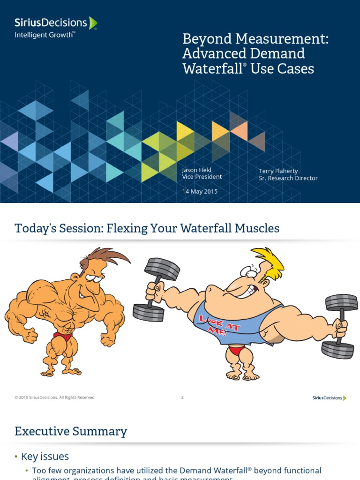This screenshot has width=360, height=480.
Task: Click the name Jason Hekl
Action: tap(197, 170)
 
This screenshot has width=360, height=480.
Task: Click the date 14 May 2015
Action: tap(200, 191)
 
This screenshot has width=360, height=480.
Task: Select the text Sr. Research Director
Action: tap(288, 178)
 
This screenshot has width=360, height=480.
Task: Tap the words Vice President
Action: tap(202, 177)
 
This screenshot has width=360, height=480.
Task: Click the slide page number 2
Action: tap(182, 397)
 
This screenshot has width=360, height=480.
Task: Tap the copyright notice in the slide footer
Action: tap(54, 397)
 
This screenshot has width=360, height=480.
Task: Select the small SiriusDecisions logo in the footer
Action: tap(329, 398)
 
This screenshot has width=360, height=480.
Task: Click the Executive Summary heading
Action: tap(71, 431)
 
